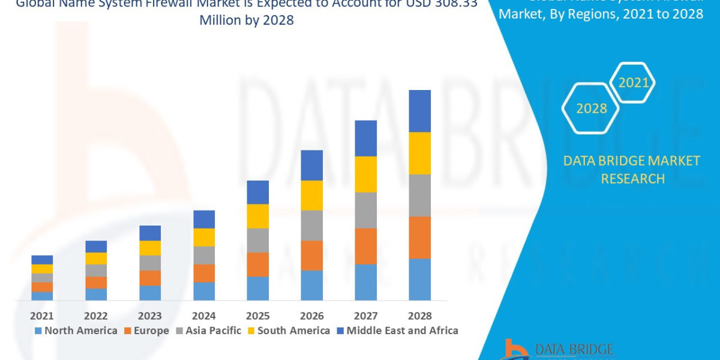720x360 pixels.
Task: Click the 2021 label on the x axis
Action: point(42,316)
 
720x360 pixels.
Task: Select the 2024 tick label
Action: point(204,316)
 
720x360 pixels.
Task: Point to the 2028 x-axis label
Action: point(419,316)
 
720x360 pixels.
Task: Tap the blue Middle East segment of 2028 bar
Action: point(419,111)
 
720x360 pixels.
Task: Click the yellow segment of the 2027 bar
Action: point(365,174)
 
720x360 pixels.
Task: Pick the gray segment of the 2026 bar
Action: point(311,226)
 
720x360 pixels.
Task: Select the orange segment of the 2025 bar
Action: point(257,265)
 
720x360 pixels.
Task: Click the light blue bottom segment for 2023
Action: point(150,293)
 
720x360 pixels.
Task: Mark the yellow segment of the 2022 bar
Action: point(96,259)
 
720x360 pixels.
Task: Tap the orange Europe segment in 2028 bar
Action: point(419,238)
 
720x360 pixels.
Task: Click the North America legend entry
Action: point(76,331)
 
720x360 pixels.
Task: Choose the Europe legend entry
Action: point(147,331)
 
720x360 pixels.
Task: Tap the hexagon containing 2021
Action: point(633,83)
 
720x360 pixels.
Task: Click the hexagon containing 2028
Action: point(591,109)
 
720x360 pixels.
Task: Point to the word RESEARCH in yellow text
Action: point(632,179)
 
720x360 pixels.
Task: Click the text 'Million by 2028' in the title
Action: point(248,20)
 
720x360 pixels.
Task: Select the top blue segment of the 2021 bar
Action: point(42,260)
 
